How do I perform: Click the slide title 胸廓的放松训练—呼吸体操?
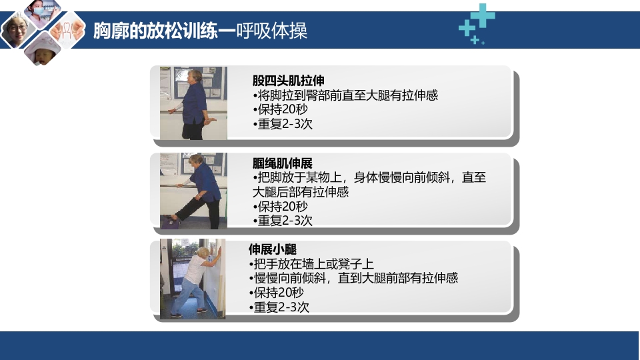[x=200, y=31]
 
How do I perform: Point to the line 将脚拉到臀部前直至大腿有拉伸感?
[x=345, y=95]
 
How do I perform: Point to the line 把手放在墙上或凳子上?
[x=311, y=264]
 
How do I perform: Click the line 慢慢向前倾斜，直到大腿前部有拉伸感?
[x=353, y=278]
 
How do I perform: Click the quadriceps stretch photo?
[x=193, y=103]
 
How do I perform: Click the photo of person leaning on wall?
[x=193, y=279]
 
